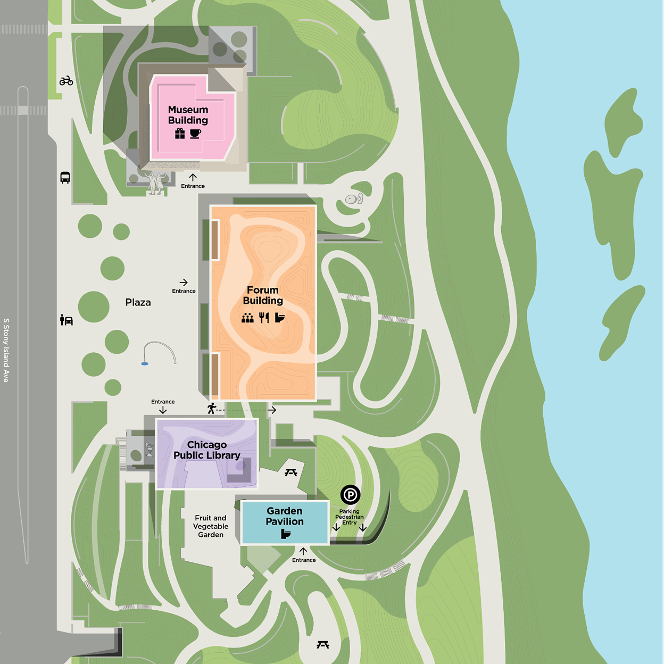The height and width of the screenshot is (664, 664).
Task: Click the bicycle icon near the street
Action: (66, 81)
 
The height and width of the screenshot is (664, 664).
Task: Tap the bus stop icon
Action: (65, 178)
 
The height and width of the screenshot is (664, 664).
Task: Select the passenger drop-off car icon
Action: (67, 320)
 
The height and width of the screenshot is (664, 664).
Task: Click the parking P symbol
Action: (350, 495)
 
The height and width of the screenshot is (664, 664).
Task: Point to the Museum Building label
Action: (188, 115)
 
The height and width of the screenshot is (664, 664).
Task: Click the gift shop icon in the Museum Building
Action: (180, 134)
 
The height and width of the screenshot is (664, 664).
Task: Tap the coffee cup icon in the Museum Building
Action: (196, 134)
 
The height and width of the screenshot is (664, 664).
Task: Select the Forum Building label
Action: (263, 295)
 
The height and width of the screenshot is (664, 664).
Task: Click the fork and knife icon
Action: (264, 318)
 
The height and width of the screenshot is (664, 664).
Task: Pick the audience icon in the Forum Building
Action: (247, 318)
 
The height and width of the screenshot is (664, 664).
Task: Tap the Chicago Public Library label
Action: (206, 450)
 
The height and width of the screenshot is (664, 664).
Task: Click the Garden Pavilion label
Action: (285, 516)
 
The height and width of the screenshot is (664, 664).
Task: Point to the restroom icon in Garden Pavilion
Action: (286, 534)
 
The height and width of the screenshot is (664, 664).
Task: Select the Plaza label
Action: (138, 302)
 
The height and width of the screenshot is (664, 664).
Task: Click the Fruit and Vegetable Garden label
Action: (211, 526)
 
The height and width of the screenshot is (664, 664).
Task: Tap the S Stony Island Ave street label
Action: (6, 350)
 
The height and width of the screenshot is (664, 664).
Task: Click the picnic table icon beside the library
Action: (290, 472)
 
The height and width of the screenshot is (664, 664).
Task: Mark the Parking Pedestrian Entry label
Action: (350, 517)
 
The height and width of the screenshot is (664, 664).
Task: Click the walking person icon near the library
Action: (212, 408)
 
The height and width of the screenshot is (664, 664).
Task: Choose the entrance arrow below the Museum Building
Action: (193, 177)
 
